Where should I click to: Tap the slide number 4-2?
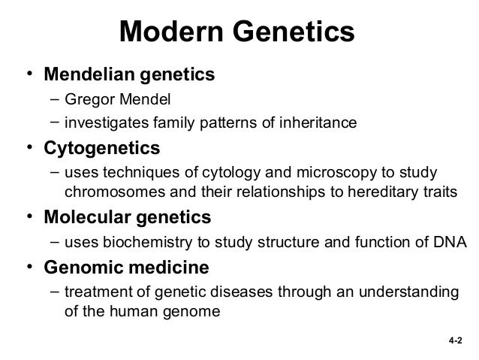pos(453,340)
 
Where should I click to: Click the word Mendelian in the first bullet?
pos(89,75)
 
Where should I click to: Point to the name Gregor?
pos(87,101)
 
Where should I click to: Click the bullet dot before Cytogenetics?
pos(27,147)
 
